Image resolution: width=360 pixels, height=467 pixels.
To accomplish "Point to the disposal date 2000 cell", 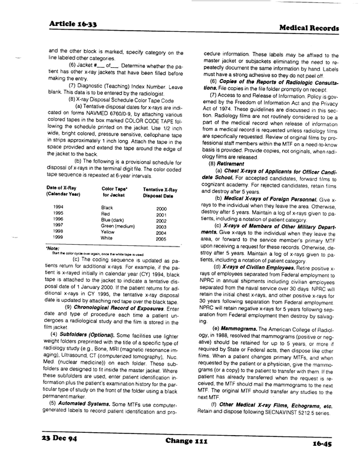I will pyautogui.click(x=161, y=209).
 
